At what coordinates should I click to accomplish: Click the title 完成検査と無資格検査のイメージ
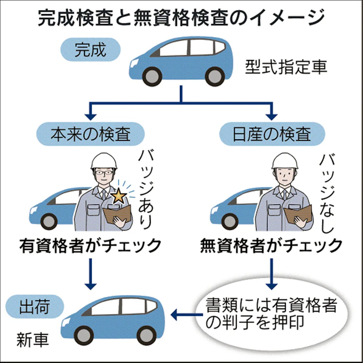pos(181,18)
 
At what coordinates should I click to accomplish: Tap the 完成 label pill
pos(90,51)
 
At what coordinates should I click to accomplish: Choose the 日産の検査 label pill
pos(272,133)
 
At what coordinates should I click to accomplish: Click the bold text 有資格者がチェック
pos(90,245)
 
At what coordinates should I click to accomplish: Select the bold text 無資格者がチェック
pos(271,245)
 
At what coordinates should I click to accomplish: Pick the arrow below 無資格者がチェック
pos(271,272)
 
